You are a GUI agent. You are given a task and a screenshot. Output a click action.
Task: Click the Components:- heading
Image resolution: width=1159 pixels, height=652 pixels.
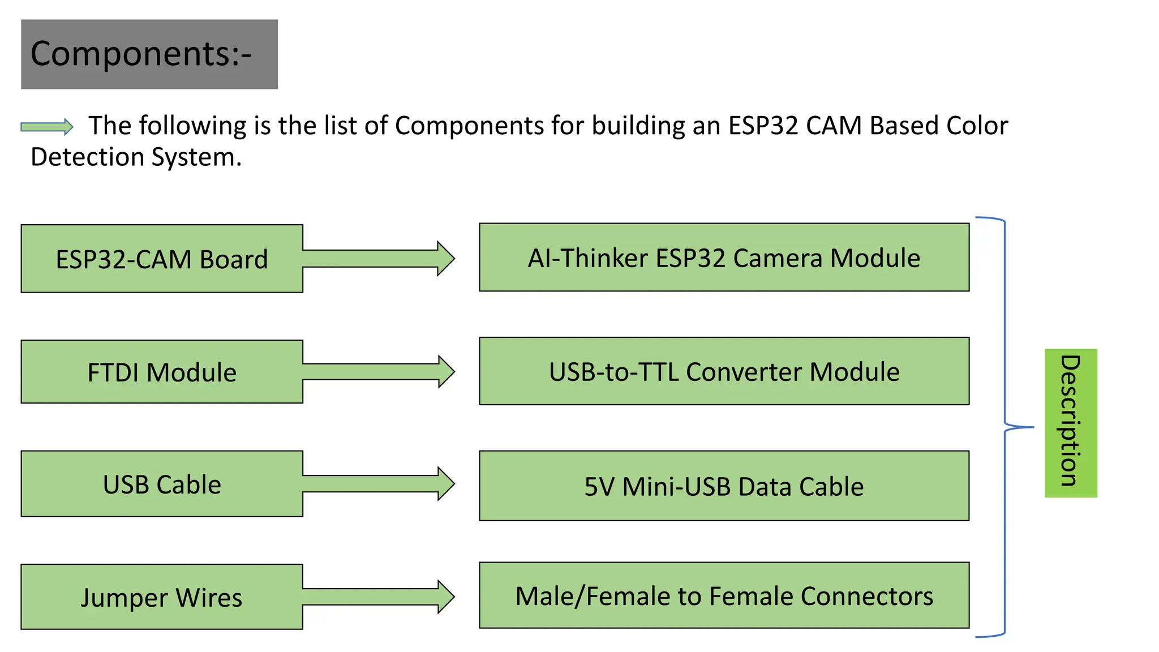(x=141, y=54)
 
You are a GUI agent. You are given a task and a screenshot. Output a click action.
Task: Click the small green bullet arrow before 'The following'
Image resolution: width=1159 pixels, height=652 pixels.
(x=47, y=127)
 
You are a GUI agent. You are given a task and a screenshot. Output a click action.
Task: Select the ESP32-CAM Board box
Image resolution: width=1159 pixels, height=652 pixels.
(x=162, y=259)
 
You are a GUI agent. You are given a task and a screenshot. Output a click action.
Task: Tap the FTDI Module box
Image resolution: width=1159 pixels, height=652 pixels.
(x=162, y=372)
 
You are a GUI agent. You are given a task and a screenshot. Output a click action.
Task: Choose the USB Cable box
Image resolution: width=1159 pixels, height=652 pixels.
(x=162, y=484)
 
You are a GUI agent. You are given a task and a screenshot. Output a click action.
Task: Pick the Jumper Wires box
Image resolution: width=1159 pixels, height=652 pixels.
(x=162, y=597)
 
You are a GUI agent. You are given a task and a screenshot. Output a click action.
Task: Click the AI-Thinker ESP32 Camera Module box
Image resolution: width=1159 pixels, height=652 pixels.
(x=724, y=258)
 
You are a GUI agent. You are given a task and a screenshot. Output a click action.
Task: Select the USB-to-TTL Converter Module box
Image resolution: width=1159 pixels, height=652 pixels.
(x=724, y=371)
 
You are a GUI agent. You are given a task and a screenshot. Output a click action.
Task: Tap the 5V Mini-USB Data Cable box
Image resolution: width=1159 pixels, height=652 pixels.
(x=724, y=486)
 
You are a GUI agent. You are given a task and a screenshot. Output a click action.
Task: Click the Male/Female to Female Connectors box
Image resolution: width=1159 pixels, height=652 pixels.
(x=724, y=595)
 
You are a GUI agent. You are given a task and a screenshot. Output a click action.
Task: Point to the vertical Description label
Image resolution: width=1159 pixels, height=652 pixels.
(x=1070, y=423)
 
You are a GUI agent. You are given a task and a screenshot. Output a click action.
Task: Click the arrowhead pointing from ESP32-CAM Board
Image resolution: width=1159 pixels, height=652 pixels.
(x=446, y=259)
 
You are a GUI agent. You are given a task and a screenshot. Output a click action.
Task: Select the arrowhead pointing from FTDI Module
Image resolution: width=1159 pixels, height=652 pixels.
(x=446, y=372)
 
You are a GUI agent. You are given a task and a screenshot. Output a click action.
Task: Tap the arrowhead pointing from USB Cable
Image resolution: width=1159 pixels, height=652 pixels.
(x=446, y=484)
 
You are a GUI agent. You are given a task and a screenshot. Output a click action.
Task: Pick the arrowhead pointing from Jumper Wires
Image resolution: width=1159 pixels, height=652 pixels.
(x=446, y=597)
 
